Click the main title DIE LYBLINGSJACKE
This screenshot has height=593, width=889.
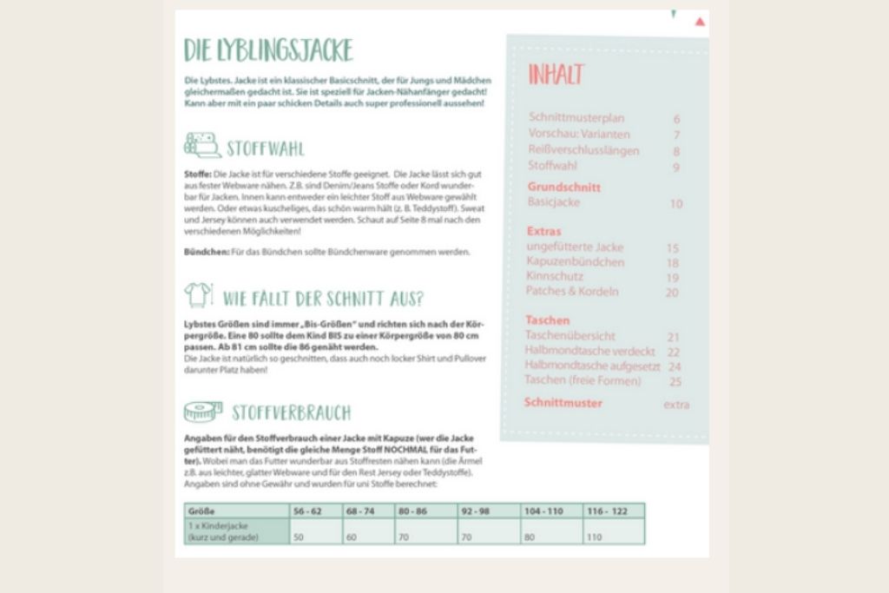point(268,50)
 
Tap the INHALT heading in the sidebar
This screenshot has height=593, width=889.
point(556,75)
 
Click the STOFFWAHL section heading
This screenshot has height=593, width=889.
point(265,148)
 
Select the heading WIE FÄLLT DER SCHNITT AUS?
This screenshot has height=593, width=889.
point(323,300)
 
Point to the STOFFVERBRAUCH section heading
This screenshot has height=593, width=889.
point(291,412)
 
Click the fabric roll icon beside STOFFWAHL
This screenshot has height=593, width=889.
point(201,145)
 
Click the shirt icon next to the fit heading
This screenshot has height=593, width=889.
point(199,295)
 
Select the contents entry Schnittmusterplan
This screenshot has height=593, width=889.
point(576,118)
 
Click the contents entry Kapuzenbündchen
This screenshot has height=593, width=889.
point(575,261)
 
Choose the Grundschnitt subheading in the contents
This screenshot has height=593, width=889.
point(563,187)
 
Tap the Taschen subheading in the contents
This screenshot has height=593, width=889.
point(547,320)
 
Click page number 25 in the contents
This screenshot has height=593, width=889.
point(675,380)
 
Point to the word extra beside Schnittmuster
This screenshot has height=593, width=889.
point(676,404)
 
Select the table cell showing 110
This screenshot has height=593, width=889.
point(596,537)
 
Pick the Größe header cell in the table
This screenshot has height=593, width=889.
point(201,511)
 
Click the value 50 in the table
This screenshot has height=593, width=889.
point(300,537)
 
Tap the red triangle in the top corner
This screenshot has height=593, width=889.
point(700,21)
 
